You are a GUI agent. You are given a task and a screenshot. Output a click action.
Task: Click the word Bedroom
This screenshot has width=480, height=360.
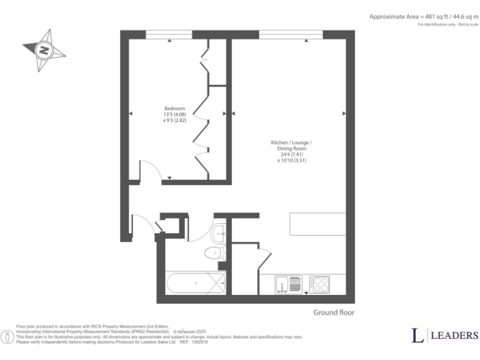click(174, 108)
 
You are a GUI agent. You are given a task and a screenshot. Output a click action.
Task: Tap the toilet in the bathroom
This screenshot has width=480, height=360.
click(214, 252)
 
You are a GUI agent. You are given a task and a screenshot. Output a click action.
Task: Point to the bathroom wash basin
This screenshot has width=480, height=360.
click(219, 234)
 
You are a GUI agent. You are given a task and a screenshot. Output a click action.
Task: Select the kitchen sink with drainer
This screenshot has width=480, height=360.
click(289, 284)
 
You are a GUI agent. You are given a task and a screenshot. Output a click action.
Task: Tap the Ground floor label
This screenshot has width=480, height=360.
click(333, 312)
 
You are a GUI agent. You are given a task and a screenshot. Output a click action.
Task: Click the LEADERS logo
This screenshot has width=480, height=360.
click(444, 336)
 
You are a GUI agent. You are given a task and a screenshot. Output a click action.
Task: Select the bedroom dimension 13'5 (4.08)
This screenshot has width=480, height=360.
click(174, 114)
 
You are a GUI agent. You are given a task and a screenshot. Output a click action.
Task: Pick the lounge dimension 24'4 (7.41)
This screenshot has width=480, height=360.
click(291, 154)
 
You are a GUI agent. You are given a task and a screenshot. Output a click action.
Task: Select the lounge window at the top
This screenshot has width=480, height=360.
click(291, 34)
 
